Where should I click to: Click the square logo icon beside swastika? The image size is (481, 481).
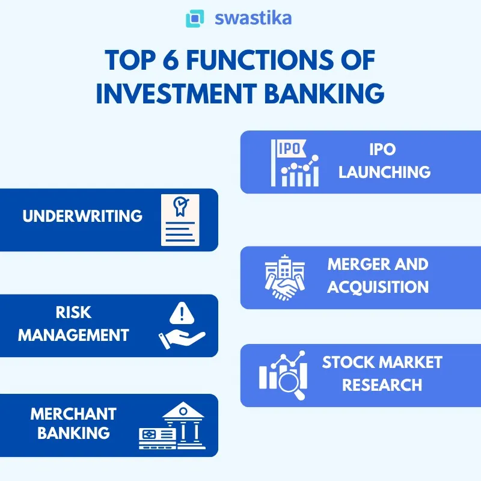tap(195, 18)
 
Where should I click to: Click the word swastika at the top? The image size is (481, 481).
tap(253, 17)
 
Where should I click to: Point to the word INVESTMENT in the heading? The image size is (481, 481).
tap(186, 94)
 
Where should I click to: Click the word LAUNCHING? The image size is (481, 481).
tap(384, 172)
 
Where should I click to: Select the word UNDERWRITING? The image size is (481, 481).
tap(82, 216)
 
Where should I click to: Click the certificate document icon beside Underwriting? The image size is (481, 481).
tap(179, 219)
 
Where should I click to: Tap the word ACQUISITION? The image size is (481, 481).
tap(378, 286)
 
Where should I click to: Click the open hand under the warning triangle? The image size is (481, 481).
tap(180, 339)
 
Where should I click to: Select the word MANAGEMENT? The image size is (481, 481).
tap(73, 335)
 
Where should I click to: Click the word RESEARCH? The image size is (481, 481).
tap(382, 384)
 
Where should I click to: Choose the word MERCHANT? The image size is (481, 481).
tap(73, 414)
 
